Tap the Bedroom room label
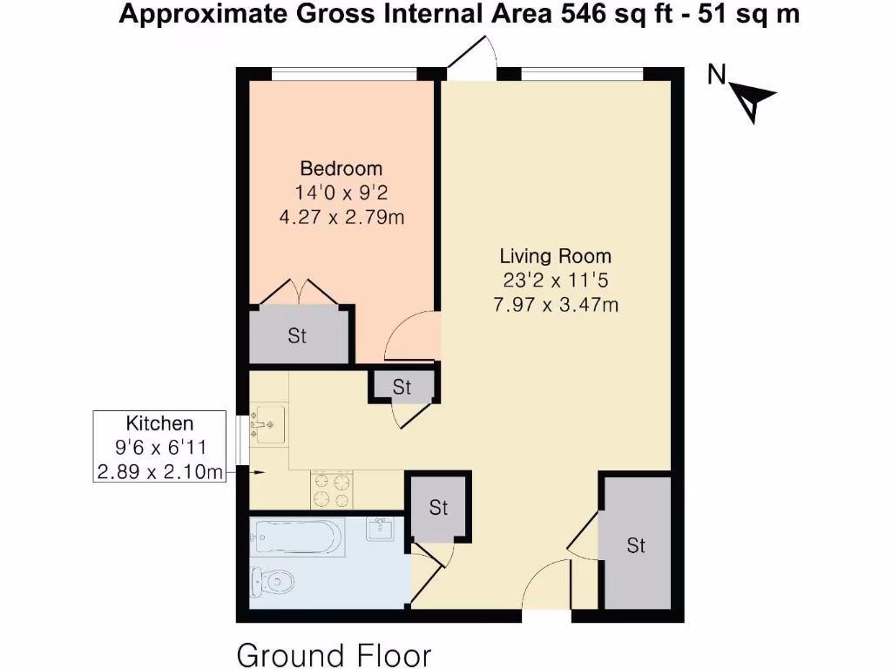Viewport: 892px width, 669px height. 341,169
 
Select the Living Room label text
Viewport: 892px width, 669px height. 555,257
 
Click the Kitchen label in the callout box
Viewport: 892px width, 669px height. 159,424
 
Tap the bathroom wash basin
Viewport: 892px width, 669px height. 381,528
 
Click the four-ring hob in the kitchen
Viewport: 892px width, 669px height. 332,490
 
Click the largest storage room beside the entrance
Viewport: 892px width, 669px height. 637,544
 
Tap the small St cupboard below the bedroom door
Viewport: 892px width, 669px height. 402,387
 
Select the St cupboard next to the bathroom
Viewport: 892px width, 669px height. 438,507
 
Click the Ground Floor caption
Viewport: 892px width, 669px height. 334,654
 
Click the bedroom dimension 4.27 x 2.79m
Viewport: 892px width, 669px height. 341,217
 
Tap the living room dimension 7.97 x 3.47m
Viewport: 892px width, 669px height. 555,305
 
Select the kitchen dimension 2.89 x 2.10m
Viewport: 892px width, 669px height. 159,472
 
